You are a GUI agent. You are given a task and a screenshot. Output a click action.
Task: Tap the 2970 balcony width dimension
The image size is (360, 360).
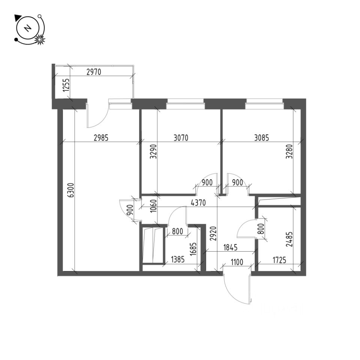click(x=94, y=72)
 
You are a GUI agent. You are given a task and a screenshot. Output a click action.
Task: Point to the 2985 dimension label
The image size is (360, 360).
click(x=100, y=138)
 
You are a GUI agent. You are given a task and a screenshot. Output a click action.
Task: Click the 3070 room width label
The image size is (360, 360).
click(x=180, y=138)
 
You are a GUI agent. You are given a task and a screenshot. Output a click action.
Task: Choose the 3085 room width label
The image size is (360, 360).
click(x=261, y=138)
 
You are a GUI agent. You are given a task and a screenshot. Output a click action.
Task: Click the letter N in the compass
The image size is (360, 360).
click(x=27, y=28)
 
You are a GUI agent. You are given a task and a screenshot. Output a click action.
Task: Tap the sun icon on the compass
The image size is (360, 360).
click(x=39, y=39)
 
